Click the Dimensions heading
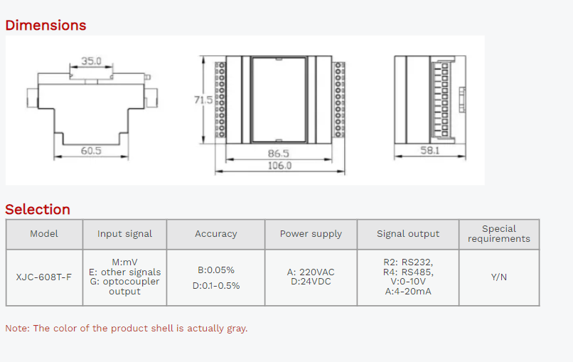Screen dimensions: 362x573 click(x=45, y=26)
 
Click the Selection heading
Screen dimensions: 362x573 click(x=38, y=210)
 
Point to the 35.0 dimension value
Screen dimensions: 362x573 click(x=91, y=61)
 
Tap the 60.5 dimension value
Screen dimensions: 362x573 click(x=90, y=151)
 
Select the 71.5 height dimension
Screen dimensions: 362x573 click(x=203, y=100)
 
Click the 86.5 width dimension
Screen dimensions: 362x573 click(x=279, y=154)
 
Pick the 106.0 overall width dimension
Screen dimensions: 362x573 click(x=279, y=166)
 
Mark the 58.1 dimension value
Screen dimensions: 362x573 click(x=429, y=151)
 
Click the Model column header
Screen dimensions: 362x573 click(x=44, y=234)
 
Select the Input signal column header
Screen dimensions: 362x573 click(x=124, y=234)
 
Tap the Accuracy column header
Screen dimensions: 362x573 click(x=216, y=234)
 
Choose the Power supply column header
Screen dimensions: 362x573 click(x=311, y=234)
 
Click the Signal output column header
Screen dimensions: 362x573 click(x=408, y=234)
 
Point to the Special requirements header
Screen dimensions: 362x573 click(x=499, y=234)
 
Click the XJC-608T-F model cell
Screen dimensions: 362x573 click(x=44, y=277)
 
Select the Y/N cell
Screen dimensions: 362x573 click(x=499, y=277)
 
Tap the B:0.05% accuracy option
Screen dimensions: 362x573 click(x=216, y=270)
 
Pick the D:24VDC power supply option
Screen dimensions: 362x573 click(x=311, y=282)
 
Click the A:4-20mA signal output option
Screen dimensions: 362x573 click(x=408, y=292)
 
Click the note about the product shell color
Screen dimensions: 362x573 click(x=127, y=329)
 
